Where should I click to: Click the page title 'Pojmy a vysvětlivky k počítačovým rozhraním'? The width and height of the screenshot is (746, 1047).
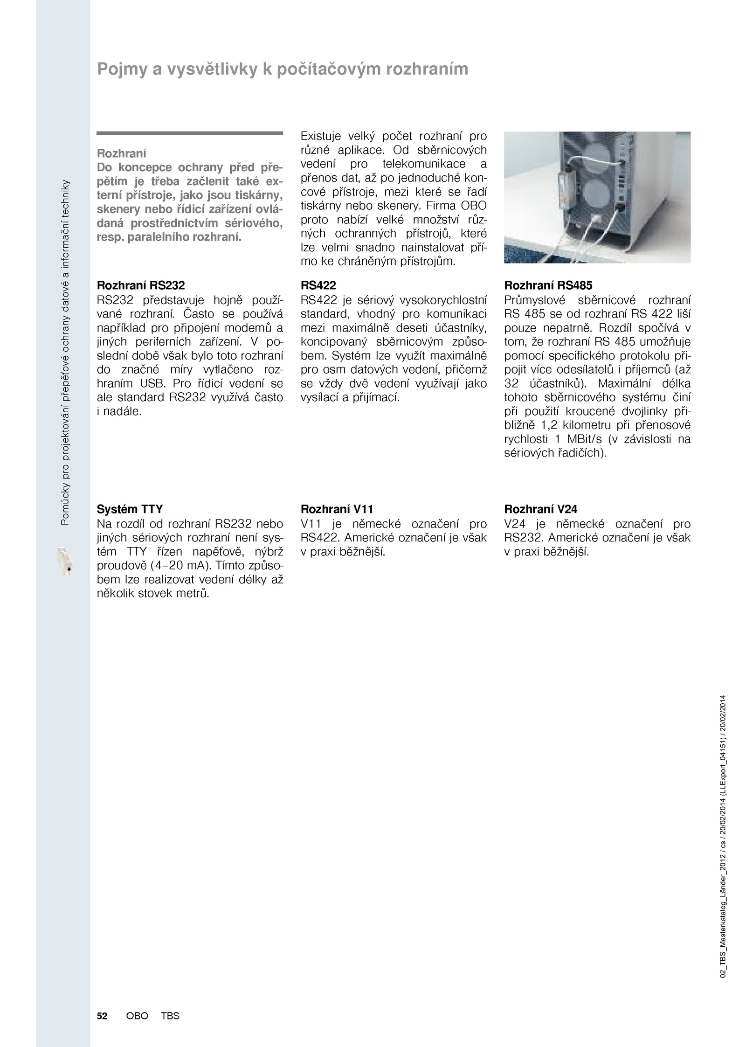[282, 69]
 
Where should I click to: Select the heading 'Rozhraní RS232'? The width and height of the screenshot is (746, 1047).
[141, 285]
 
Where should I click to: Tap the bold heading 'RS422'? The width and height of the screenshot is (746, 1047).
[318, 285]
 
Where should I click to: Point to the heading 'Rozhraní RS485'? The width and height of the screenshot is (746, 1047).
[548, 285]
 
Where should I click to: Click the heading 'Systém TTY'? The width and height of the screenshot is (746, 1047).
[130, 509]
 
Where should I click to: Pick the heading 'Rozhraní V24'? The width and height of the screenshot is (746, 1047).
[541, 509]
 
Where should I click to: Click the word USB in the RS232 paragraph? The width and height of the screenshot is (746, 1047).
[151, 384]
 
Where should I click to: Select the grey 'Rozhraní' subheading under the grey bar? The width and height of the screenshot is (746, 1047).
[121, 153]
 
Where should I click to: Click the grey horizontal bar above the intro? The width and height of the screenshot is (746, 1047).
[190, 133]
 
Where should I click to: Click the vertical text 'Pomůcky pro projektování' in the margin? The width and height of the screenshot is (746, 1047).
[65, 466]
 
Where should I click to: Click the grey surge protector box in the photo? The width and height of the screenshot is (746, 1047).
[566, 191]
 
